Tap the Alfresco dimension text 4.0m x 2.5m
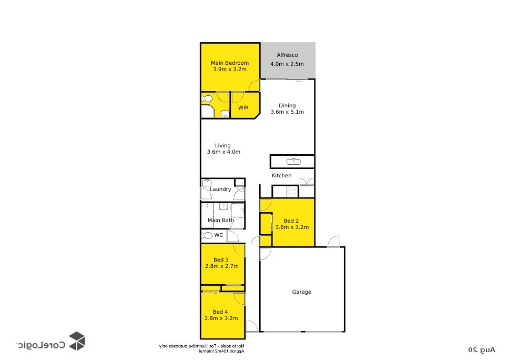287,64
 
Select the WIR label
243,107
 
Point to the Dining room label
287,105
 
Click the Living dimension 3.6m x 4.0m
223,152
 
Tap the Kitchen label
281,175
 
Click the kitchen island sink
292,161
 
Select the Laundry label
220,189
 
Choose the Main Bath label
220,220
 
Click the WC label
218,235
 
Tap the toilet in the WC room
207,235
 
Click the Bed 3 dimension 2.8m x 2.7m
221,266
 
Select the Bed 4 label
221,312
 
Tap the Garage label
302,292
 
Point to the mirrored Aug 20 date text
482,349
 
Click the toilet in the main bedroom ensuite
207,98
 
